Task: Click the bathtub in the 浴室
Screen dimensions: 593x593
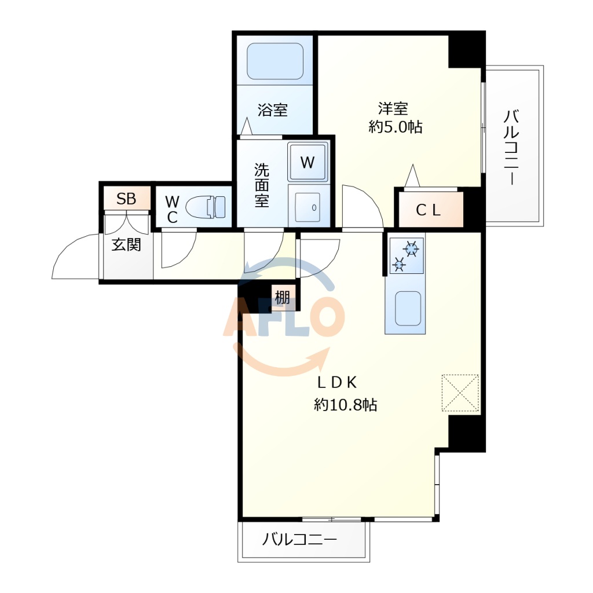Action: (x=275, y=61)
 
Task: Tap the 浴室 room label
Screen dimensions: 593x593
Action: (x=273, y=110)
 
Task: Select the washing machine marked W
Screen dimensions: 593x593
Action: (x=308, y=162)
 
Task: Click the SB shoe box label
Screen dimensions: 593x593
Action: (x=126, y=199)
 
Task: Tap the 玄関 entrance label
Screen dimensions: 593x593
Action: (x=126, y=244)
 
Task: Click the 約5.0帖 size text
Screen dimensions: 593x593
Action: (x=396, y=127)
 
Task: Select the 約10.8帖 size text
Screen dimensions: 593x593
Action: (x=346, y=405)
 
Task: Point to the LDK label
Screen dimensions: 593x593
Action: (x=339, y=382)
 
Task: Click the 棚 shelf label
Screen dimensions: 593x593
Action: (x=283, y=298)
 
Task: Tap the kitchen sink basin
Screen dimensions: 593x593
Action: (x=408, y=308)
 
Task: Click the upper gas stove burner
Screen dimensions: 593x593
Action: (x=411, y=250)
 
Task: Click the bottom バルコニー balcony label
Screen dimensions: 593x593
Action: (x=299, y=540)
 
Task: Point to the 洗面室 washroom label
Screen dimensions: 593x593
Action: (x=262, y=185)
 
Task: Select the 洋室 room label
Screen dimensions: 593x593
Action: (x=394, y=108)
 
